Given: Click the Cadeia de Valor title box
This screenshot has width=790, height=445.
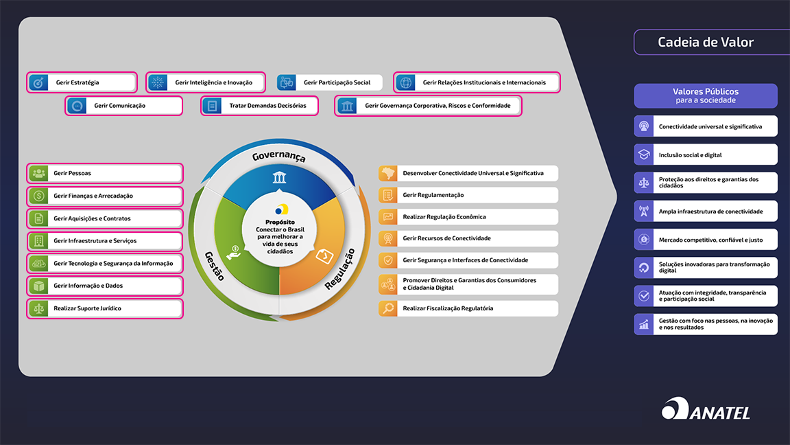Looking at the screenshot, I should tap(706, 43).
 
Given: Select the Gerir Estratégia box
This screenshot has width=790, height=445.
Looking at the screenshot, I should tap(82, 82).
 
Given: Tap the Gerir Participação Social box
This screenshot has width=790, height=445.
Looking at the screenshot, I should tap(330, 82).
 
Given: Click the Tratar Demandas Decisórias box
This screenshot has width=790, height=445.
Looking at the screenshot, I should tap(260, 106).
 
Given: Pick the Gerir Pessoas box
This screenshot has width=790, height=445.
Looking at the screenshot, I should tap(105, 173).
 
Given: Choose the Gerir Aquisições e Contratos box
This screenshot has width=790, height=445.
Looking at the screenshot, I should tap(105, 218).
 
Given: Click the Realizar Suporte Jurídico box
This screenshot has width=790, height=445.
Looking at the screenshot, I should tap(105, 308).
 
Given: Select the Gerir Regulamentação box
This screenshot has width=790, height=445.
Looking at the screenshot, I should tap(468, 195).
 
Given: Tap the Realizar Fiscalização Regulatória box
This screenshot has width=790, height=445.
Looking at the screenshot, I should tap(468, 308).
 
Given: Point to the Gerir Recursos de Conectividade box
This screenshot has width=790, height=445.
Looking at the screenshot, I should tap(468, 238).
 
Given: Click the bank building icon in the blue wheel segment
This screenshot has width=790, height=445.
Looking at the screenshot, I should tap(279, 179).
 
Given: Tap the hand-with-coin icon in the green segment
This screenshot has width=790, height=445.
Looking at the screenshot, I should tap(235, 251).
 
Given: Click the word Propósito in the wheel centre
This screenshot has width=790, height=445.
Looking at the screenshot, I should tap(280, 223).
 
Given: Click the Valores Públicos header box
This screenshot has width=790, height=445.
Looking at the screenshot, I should tap(706, 95).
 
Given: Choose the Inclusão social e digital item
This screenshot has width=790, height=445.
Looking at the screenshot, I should tap(706, 155).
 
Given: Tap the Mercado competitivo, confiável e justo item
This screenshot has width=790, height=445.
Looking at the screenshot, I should tap(706, 240).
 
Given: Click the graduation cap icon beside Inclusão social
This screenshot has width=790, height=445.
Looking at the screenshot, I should tap(644, 155).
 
